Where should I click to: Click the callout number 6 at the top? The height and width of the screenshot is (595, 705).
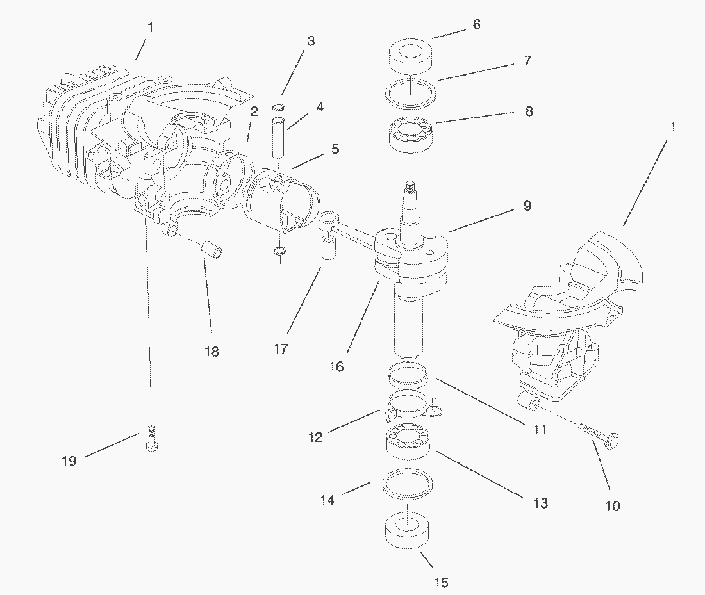pyautogui.click(x=476, y=25)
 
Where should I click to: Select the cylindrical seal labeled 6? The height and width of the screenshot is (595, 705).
pyautogui.click(x=410, y=56)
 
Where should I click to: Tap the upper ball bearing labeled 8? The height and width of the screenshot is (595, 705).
pyautogui.click(x=410, y=133)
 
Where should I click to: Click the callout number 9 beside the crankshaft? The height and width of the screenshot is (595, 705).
pyautogui.click(x=527, y=206)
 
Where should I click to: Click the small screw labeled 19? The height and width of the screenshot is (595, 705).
pyautogui.click(x=151, y=439)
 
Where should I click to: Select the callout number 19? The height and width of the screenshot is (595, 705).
pyautogui.click(x=69, y=461)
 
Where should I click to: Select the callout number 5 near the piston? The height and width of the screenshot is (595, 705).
pyautogui.click(x=335, y=149)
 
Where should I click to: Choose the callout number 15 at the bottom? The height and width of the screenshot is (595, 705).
pyautogui.click(x=441, y=582)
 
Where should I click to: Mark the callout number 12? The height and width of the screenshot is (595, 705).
pyautogui.click(x=315, y=437)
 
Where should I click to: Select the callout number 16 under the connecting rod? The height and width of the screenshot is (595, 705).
pyautogui.click(x=336, y=367)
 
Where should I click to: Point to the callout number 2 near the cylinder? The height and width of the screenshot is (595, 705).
pyautogui.click(x=254, y=111)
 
